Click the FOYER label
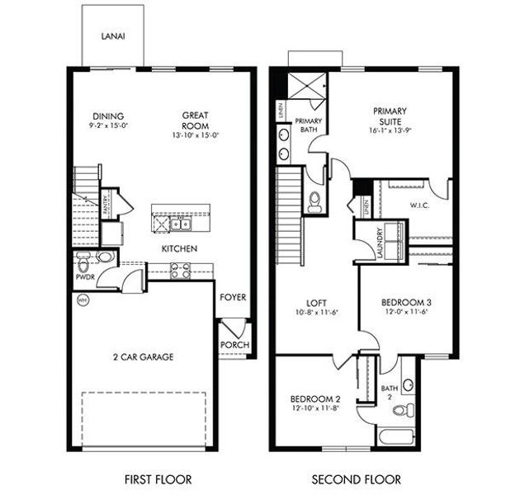click(x=234, y=297)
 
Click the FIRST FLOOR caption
click(x=157, y=478)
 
